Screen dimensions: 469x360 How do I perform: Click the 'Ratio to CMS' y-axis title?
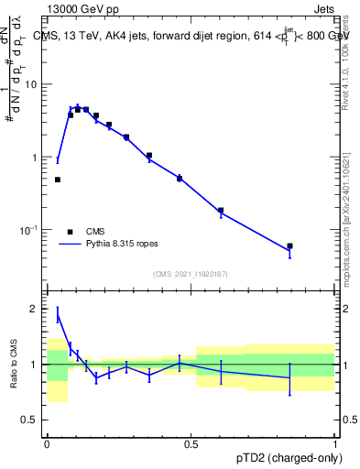[14, 365]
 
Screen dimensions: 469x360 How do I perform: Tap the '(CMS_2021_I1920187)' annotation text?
[191, 274]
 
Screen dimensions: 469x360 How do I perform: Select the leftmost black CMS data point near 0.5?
[58, 180]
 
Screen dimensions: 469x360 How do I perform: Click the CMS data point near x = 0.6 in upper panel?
[221, 211]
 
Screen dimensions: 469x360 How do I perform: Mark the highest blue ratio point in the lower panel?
[58, 317]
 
